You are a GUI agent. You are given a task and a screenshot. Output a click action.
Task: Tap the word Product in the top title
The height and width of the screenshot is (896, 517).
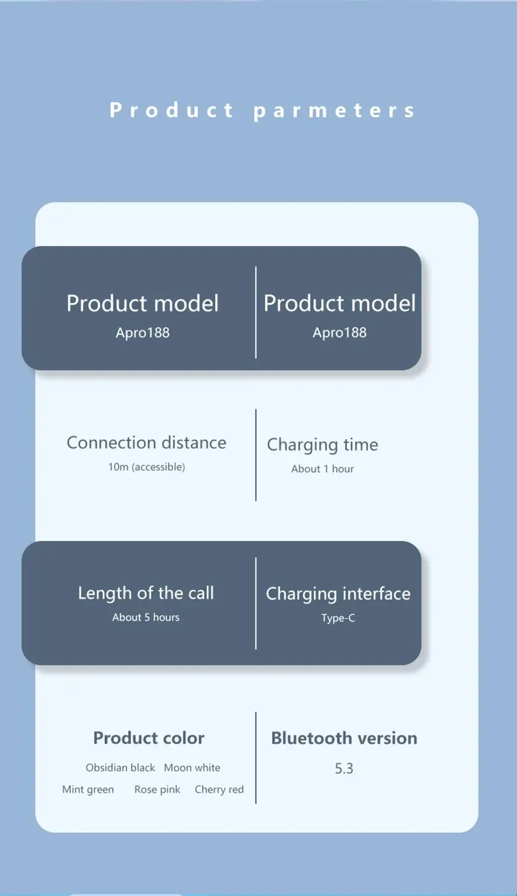171,110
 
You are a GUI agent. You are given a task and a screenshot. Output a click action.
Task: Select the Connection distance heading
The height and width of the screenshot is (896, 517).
146,443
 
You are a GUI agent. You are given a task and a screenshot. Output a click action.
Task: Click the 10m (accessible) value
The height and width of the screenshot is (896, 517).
146,467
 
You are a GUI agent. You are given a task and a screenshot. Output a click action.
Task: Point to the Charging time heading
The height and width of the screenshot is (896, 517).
322,445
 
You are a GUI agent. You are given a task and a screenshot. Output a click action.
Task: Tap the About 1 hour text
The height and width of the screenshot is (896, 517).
322,469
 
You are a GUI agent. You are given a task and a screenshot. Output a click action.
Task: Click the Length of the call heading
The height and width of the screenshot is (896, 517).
146,593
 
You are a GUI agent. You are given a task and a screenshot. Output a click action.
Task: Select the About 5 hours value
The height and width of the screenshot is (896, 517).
146,617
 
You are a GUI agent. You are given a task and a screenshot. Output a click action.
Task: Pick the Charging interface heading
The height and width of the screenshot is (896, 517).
338,594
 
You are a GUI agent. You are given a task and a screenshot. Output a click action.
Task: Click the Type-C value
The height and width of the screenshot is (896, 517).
338,618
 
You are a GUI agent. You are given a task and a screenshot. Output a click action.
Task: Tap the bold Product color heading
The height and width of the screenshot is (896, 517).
149,738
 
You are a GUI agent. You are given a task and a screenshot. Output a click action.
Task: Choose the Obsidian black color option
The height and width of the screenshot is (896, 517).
120,767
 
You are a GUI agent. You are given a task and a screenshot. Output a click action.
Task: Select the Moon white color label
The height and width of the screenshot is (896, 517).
192,767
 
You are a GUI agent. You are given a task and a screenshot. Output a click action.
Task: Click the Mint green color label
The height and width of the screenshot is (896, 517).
88,789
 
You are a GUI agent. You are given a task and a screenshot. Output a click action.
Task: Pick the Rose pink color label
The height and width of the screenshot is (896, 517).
157,789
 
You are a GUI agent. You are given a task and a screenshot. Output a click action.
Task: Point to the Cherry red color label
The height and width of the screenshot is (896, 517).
219,789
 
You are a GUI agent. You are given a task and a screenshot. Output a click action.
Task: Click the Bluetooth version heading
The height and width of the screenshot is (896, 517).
344,738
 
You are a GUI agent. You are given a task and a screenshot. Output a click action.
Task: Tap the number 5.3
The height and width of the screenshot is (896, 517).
344,769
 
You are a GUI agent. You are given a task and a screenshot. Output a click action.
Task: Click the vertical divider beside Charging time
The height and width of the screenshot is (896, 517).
256,455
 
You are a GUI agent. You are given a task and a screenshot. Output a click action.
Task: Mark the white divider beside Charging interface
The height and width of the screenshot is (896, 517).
256,603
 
